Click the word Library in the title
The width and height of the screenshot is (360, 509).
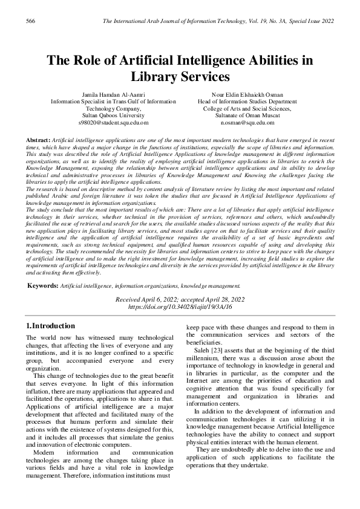click(154, 77)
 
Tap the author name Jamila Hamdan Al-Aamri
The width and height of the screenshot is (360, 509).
click(114, 95)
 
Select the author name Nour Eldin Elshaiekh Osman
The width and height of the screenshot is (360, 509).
click(246, 95)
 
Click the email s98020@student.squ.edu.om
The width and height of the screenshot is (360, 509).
click(114, 122)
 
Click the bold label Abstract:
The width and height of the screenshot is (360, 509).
click(38, 140)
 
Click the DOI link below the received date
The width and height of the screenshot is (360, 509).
click(180, 306)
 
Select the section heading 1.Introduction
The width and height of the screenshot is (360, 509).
click(50, 326)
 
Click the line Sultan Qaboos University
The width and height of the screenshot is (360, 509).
click(114, 115)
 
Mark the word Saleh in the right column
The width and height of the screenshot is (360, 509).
click(204, 350)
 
